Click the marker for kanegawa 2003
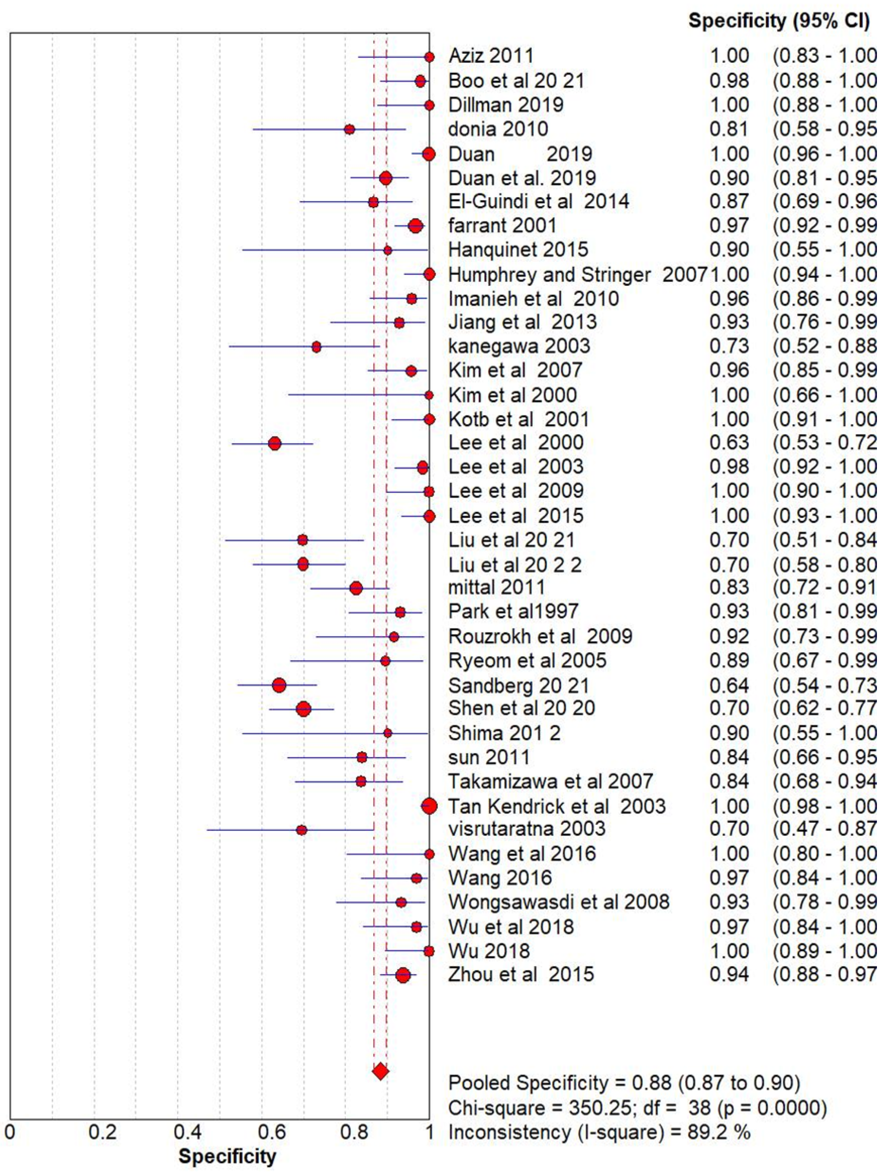317,347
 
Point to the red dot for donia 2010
350,129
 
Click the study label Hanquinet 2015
518,249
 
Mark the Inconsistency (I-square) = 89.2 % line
599,1133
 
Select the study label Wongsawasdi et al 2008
558,902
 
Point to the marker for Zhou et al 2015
403,975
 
